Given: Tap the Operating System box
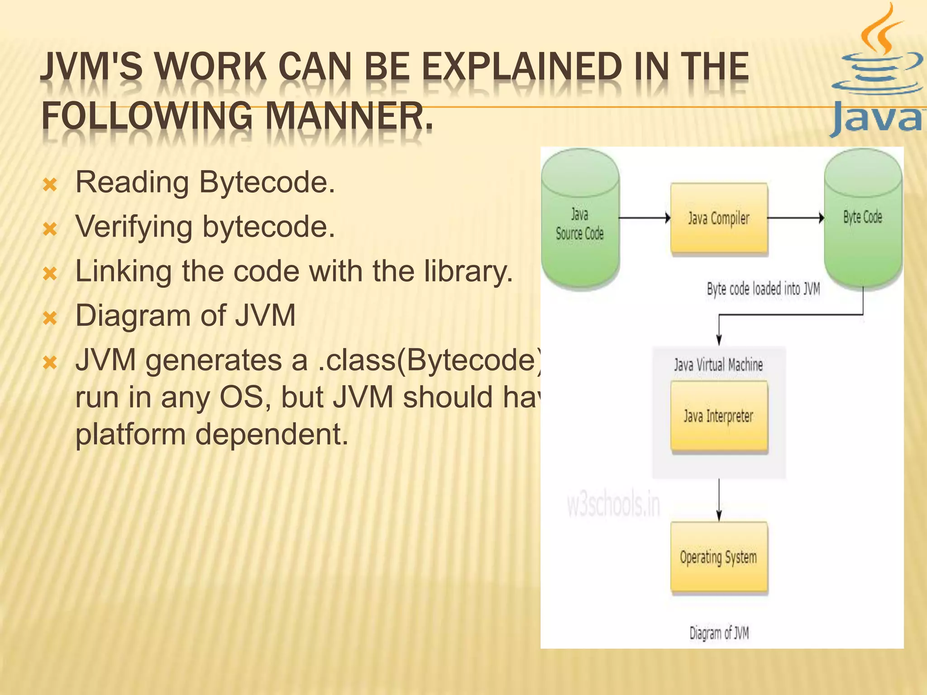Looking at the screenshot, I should [719, 557].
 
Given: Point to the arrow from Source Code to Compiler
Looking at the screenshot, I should [645, 218].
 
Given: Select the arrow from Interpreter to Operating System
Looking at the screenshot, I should [719, 500].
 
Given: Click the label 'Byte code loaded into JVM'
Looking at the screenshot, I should [763, 289].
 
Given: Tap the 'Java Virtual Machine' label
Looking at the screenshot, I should [718, 365].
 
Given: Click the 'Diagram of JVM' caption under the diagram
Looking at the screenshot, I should [719, 633].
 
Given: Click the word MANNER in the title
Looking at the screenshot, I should [349, 116].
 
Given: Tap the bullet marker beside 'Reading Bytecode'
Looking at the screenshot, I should [50, 185].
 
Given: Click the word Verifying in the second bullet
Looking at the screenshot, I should [134, 226].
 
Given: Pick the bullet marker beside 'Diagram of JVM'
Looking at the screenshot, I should [50, 318].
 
